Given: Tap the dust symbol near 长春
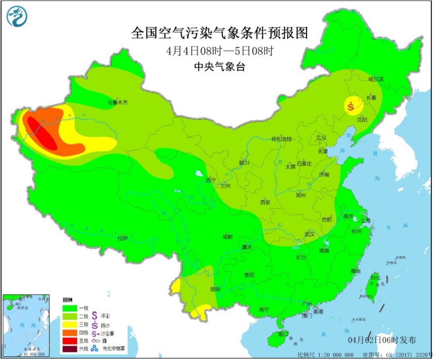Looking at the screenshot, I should click(x=352, y=107).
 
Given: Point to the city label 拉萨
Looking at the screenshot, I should click(x=122, y=238).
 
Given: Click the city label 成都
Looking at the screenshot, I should click(x=227, y=237).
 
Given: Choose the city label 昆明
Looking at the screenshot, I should click(x=215, y=289).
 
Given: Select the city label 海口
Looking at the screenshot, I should click(x=283, y=334).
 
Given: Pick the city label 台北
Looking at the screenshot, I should click(x=375, y=278).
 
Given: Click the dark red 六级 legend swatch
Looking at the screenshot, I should click(x=70, y=349).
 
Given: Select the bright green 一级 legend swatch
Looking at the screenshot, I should click(x=70, y=308).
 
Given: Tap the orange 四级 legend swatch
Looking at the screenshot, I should click(x=70, y=333).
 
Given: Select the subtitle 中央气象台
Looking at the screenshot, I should click(x=219, y=66).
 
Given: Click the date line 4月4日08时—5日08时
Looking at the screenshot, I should click(x=219, y=51).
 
